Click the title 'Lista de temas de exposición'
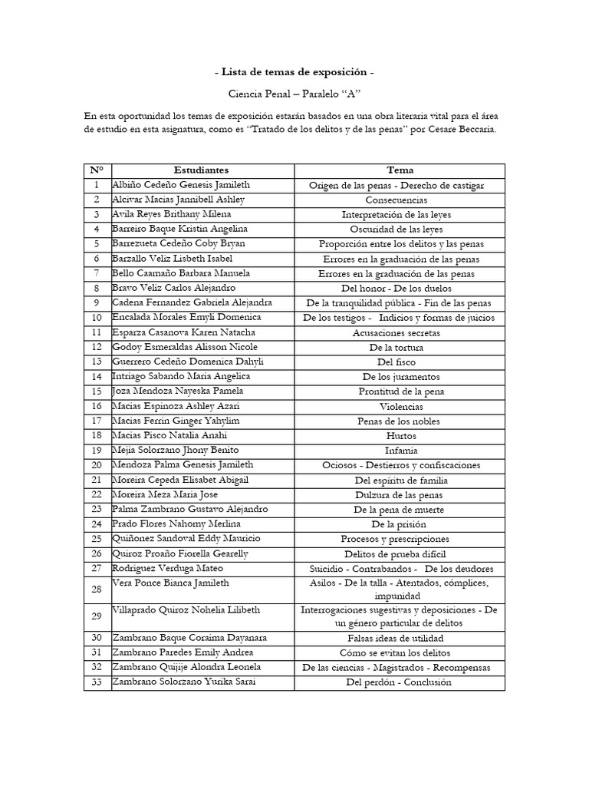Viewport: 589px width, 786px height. pyautogui.click(x=294, y=72)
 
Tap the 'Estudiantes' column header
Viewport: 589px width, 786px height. pyautogui.click(x=201, y=170)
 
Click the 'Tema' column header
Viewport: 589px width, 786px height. pyautogui.click(x=400, y=170)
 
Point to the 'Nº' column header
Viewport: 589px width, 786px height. pyautogui.click(x=97, y=170)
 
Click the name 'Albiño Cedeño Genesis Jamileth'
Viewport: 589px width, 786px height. pyautogui.click(x=181, y=185)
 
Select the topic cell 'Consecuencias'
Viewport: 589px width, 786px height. pyautogui.click(x=400, y=200)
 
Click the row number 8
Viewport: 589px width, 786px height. pyautogui.click(x=97, y=288)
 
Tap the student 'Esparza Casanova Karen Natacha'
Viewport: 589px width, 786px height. pyautogui.click(x=183, y=332)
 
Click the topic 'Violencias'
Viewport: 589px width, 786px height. pyautogui.click(x=400, y=406)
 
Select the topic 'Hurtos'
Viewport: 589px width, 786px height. pyautogui.click(x=400, y=435)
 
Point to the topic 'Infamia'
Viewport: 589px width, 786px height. pyautogui.click(x=400, y=451)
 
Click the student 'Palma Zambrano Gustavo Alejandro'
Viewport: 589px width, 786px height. pyautogui.click(x=189, y=509)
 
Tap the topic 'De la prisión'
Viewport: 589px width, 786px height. pyautogui.click(x=400, y=524)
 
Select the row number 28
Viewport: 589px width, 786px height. pyautogui.click(x=97, y=589)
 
